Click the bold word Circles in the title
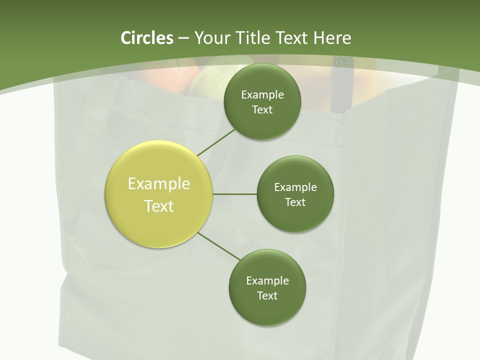[x=147, y=38]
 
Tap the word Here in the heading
[x=332, y=38]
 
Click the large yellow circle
[x=159, y=194]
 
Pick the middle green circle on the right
[x=295, y=194]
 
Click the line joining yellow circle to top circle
[x=216, y=142]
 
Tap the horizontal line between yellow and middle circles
[x=235, y=194]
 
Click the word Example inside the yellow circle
[x=159, y=184]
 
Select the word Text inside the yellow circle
[x=159, y=206]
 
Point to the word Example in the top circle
[x=262, y=94]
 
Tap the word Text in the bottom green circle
[x=267, y=295]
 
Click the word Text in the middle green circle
[x=295, y=202]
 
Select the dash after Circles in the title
[x=183, y=38]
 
